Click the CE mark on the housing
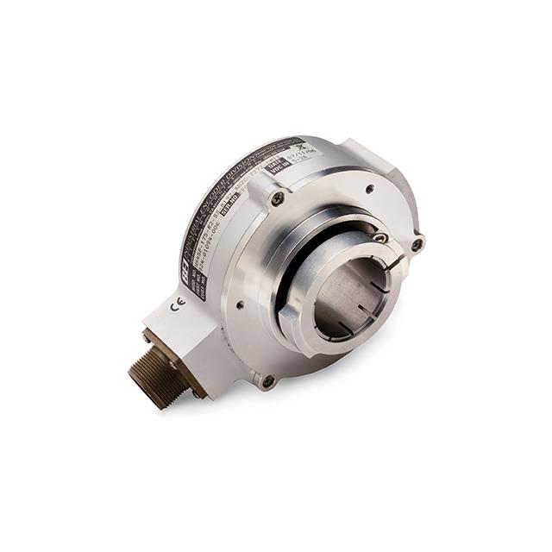(179, 303)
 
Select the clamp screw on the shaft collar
(380, 237)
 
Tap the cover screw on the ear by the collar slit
(417, 244)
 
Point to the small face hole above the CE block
(238, 304)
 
